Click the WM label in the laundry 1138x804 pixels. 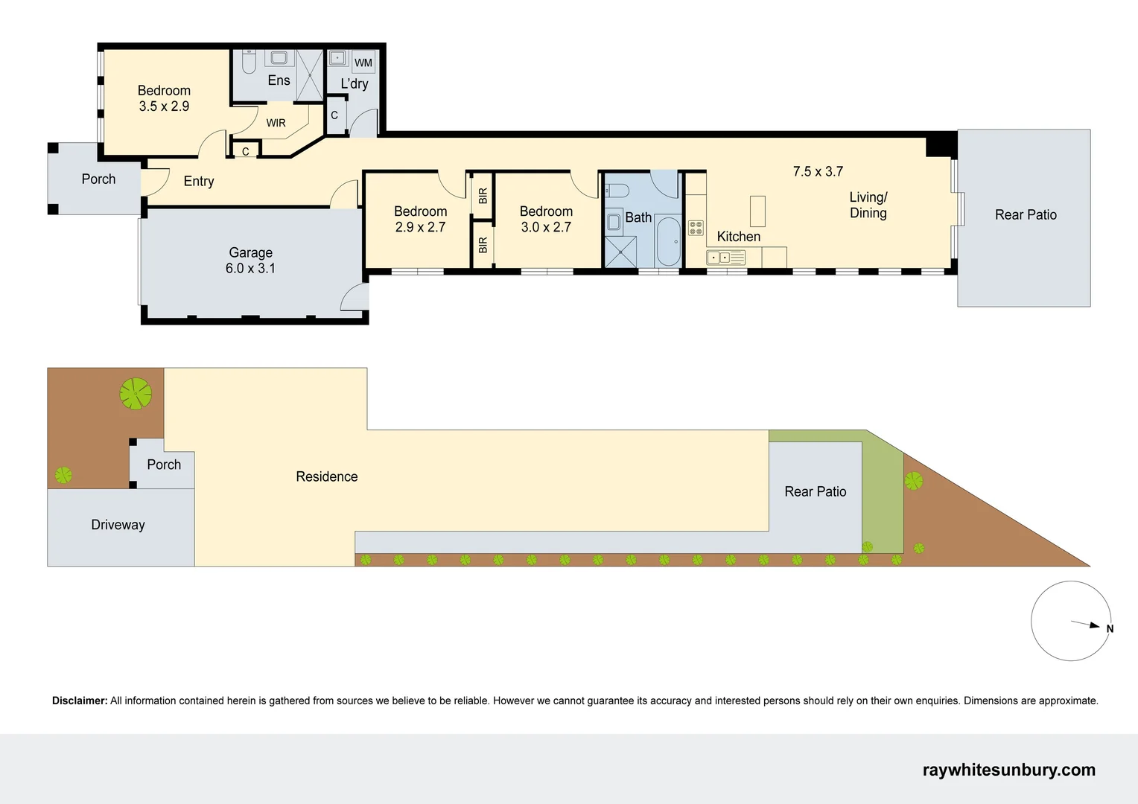coord(363,63)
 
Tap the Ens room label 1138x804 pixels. coord(279,80)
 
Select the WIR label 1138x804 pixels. coord(276,123)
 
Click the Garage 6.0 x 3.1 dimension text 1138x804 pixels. coord(250,269)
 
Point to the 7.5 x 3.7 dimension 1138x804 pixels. coord(818,171)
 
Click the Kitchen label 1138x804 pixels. coord(738,237)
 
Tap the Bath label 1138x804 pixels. coord(638,217)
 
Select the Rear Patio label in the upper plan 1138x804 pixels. coord(1026,214)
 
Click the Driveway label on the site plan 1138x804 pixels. coord(118,525)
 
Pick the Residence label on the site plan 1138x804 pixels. coord(326,476)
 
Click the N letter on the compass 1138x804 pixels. coord(1110,629)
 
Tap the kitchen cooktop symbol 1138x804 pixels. coord(696,228)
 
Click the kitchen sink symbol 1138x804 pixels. coord(719,258)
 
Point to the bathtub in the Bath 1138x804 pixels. coord(669,241)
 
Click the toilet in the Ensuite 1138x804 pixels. coord(249,61)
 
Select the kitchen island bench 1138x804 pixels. coord(757,211)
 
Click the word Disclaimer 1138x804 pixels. coord(79,701)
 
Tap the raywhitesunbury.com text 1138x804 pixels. coord(1008,770)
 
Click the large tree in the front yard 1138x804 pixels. coord(136,394)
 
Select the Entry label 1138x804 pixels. coord(199,181)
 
